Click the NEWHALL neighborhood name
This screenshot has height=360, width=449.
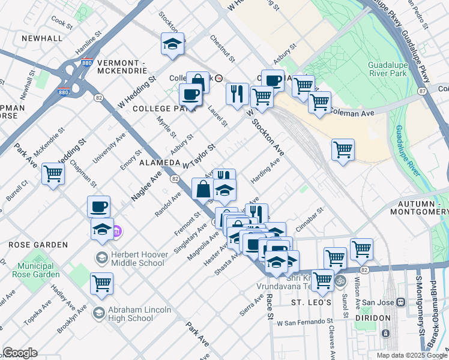pos(42,38)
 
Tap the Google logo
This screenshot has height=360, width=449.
pos(20,353)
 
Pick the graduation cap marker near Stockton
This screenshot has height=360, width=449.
pos(172,44)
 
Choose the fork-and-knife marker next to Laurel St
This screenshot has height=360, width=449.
pos(237,93)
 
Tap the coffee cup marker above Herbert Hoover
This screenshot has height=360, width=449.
pos(99,206)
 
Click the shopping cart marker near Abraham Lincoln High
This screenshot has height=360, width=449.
pos(101,283)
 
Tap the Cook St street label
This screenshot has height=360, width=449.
pos(62,23)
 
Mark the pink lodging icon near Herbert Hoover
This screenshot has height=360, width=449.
pos(118,231)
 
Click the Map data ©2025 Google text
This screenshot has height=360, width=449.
pos(411,355)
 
